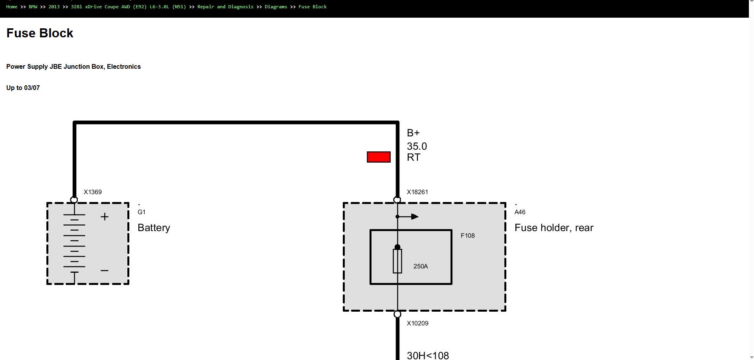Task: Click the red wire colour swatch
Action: point(379,157)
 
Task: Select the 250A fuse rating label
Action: point(421,266)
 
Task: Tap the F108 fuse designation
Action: point(468,236)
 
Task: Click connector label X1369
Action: point(93,192)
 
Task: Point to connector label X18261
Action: point(417,192)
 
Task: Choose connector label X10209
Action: point(417,323)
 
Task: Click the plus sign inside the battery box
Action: point(105,217)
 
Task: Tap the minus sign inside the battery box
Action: point(105,270)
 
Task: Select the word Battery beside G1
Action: point(154,228)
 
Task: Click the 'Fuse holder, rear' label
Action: point(554,228)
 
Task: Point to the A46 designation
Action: point(520,212)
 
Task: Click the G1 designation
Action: point(142,212)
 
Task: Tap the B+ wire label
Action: point(413,133)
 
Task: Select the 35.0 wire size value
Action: point(417,147)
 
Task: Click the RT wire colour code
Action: point(414,158)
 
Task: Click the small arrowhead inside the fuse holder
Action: point(415,217)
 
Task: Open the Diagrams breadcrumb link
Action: point(276,7)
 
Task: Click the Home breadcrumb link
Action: point(12,7)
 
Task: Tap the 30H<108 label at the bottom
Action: point(428,356)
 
